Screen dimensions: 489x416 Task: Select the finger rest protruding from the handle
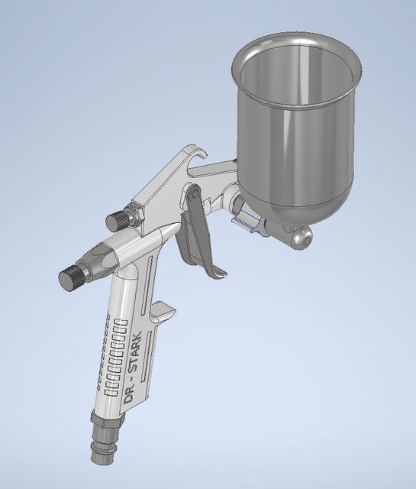click(x=163, y=311)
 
